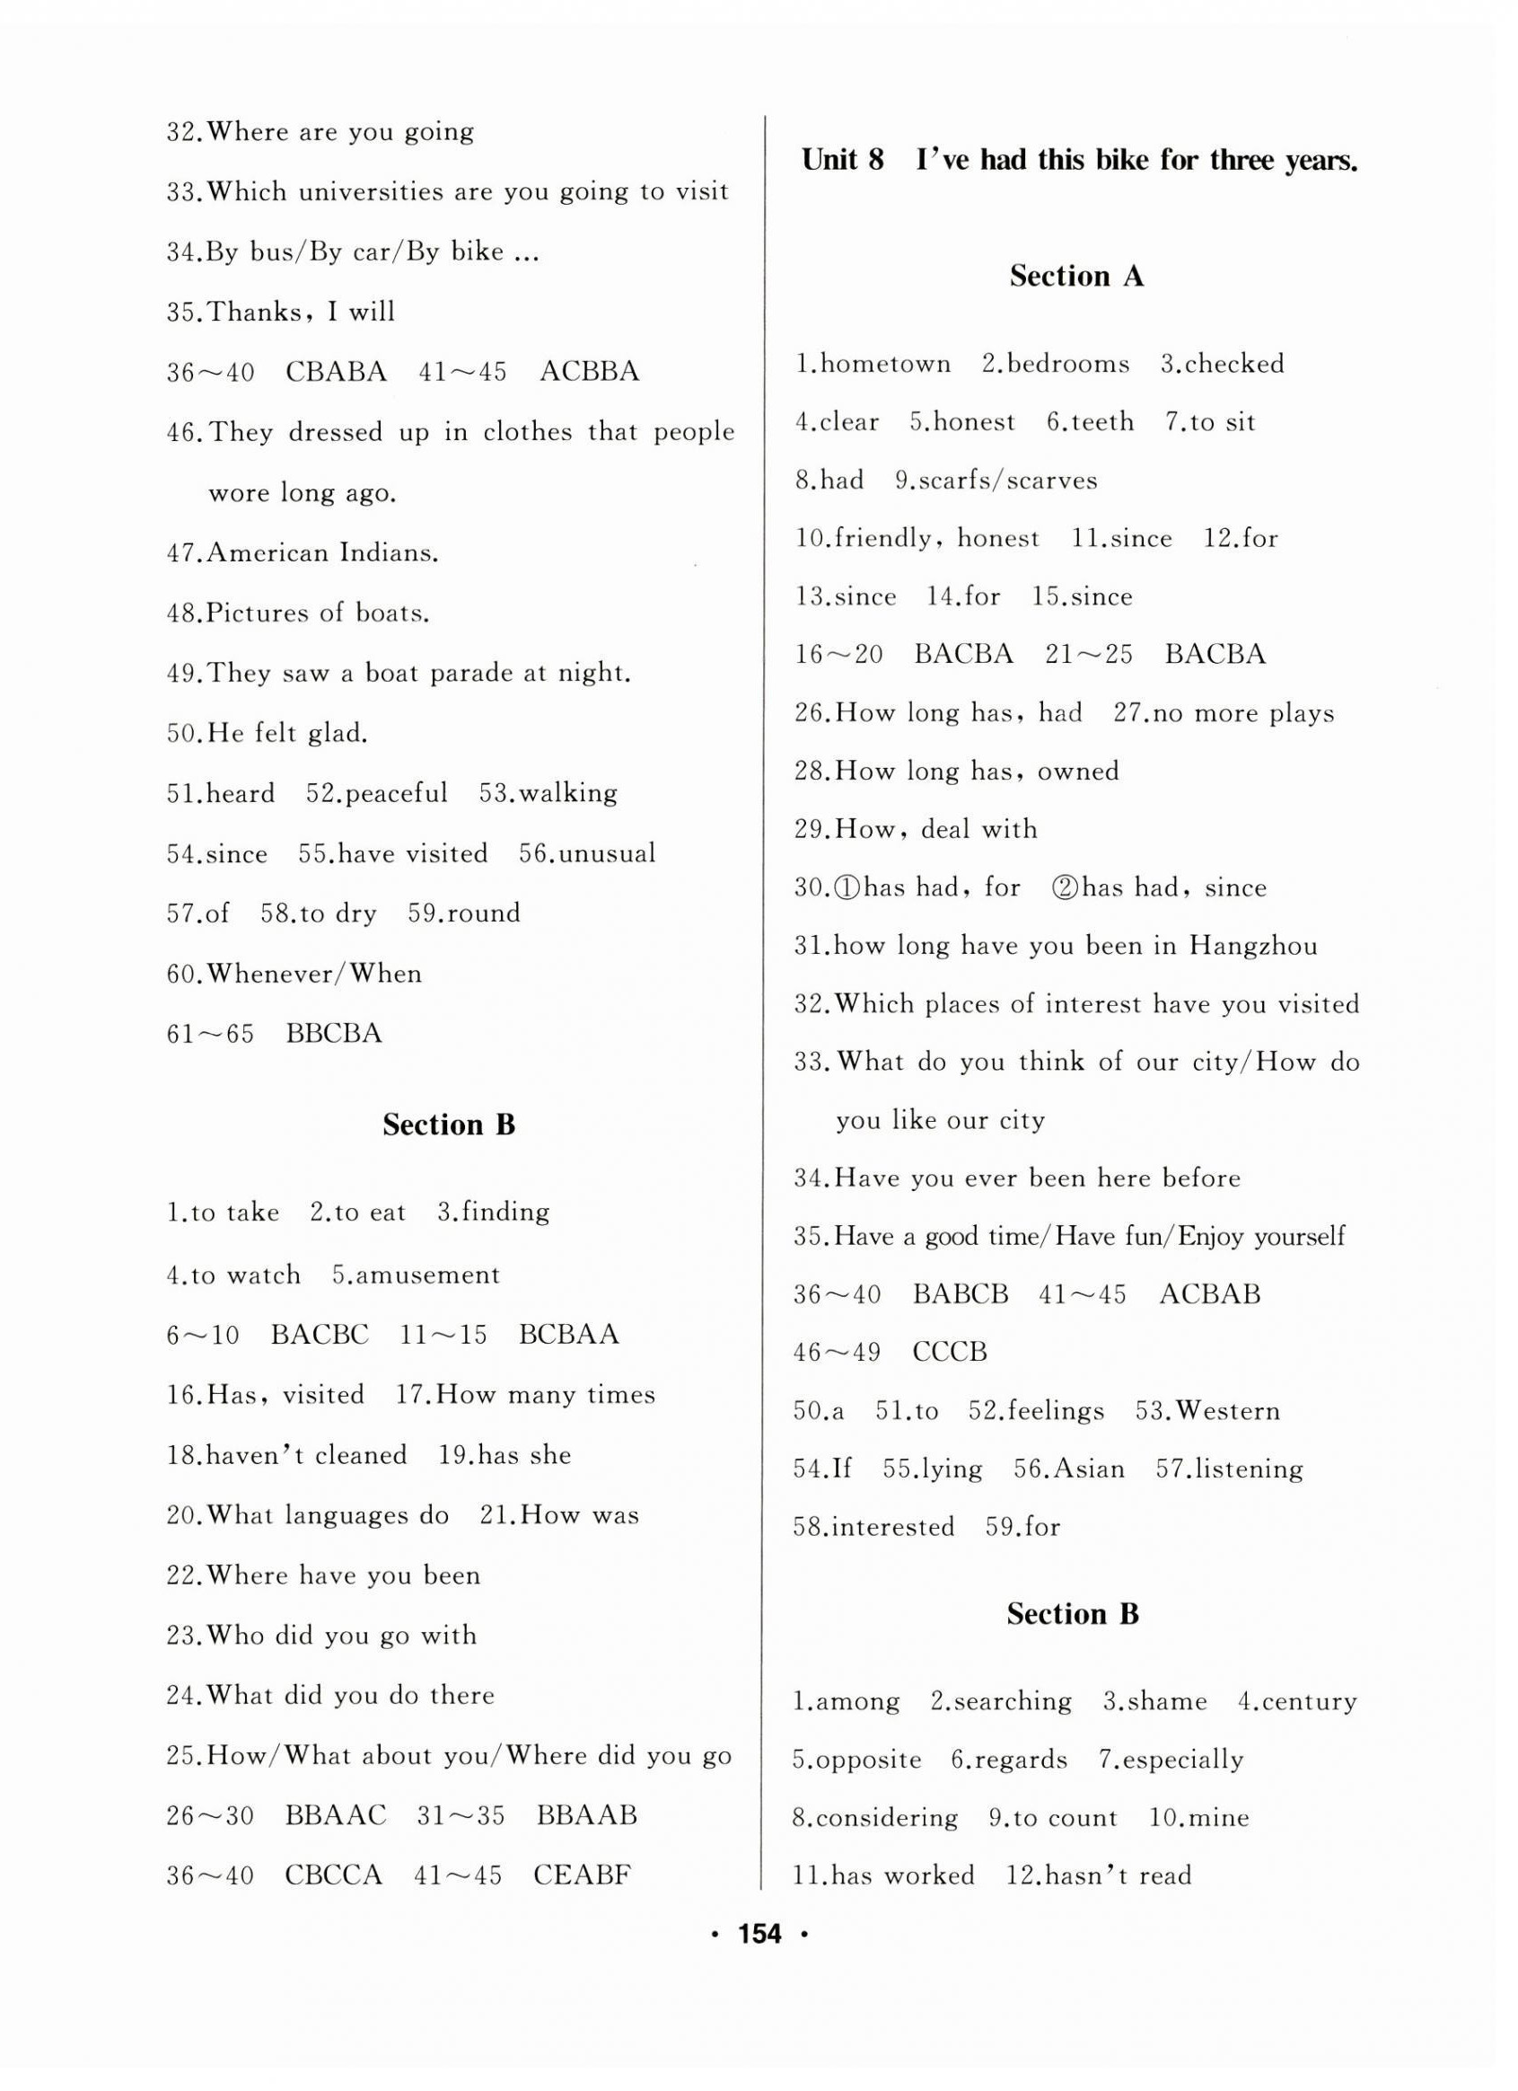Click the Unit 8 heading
click(1079, 161)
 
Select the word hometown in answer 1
click(885, 363)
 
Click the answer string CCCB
click(950, 1353)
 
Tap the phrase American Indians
click(322, 553)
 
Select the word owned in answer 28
click(1077, 771)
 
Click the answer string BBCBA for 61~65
click(334, 1034)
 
